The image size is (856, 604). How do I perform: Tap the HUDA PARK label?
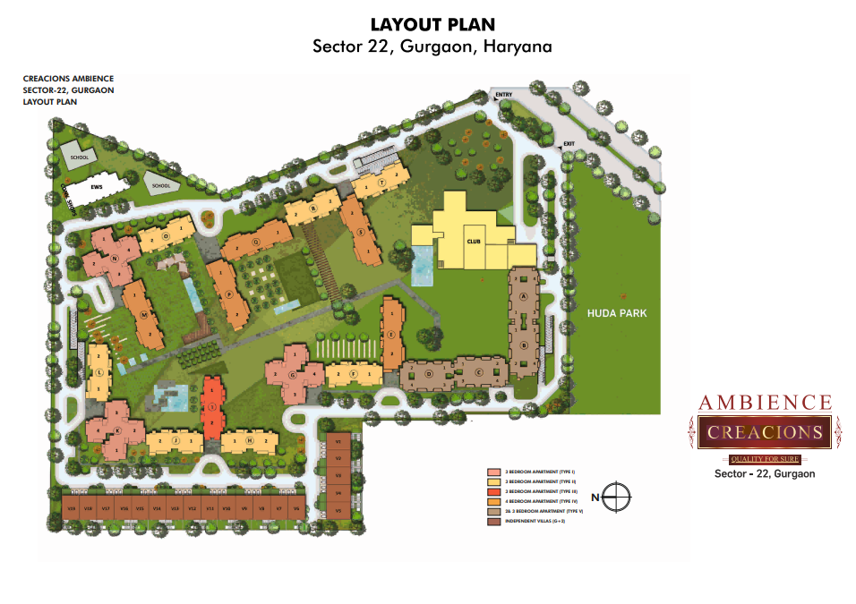coord(617,313)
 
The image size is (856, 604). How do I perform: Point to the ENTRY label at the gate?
coord(503,95)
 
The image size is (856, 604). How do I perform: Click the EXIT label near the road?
coord(566,143)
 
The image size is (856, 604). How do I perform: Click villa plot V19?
coord(71,508)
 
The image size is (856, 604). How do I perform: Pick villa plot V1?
coord(338,441)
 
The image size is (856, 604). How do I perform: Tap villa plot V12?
coord(192,508)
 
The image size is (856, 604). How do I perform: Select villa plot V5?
coord(338,509)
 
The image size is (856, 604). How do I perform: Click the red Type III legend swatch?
coord(492,491)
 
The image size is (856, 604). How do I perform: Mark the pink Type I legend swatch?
coord(492,472)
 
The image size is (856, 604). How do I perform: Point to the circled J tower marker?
coord(176,441)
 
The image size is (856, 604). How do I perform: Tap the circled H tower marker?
coord(249,441)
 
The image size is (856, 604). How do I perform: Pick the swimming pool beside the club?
coord(422,266)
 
